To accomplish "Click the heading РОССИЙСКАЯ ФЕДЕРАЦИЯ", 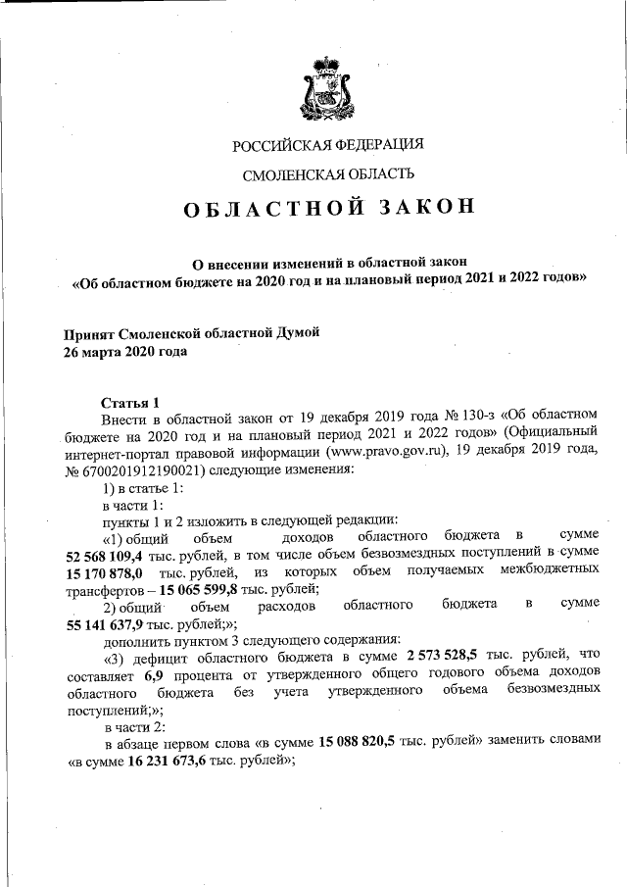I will (x=327, y=146).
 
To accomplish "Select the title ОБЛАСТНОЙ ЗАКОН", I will (x=327, y=208).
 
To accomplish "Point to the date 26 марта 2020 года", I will (x=124, y=351).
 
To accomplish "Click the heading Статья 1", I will (x=130, y=402).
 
